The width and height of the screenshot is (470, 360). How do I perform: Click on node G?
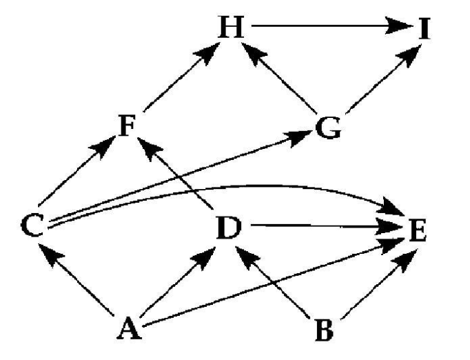327,128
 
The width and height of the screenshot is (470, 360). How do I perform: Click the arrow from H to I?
324,28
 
